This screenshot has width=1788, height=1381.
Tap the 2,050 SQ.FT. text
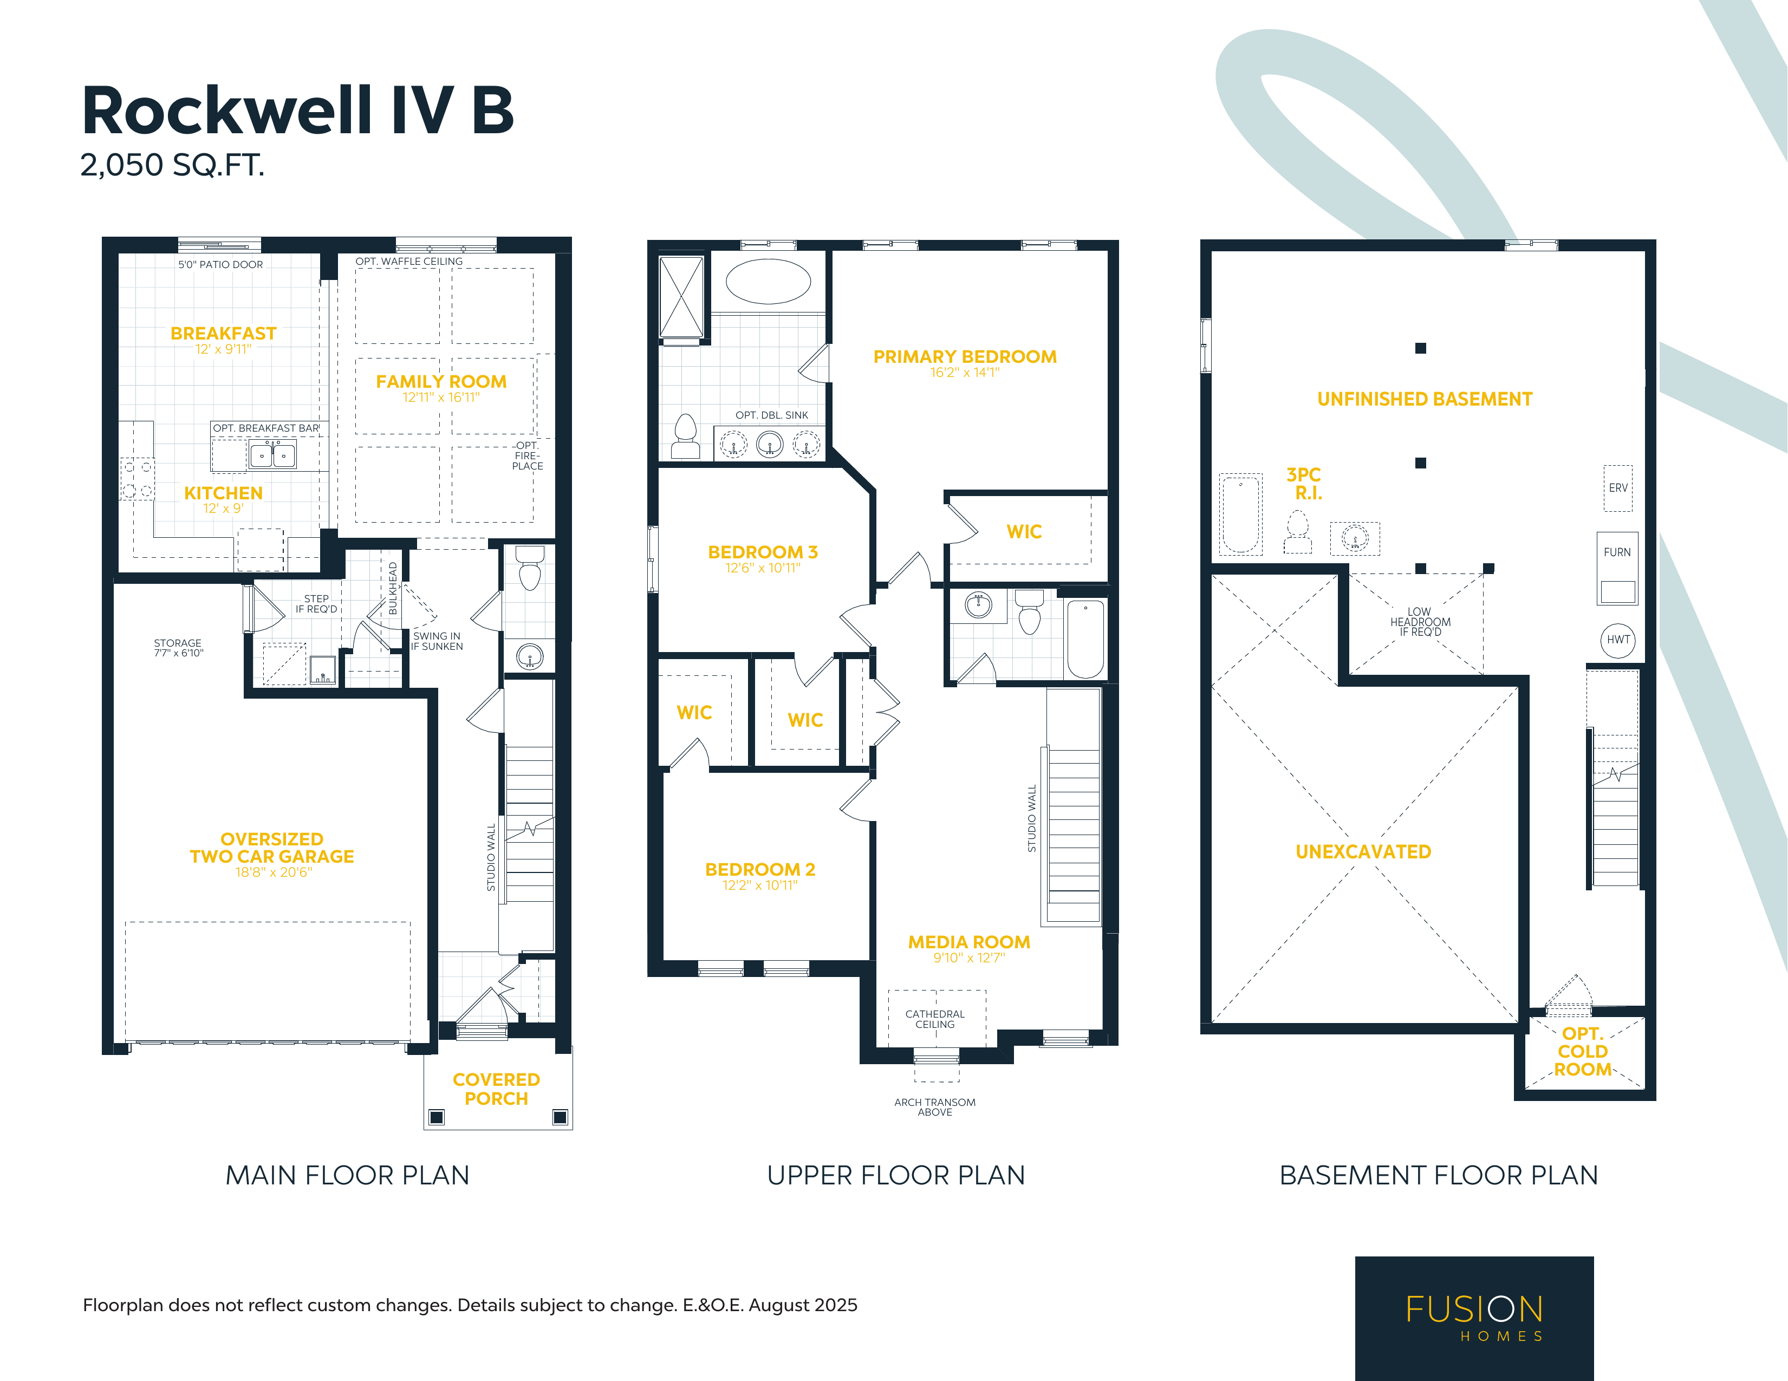(x=172, y=165)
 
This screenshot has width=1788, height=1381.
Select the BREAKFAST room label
(x=224, y=333)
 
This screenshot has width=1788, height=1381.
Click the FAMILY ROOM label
(x=441, y=381)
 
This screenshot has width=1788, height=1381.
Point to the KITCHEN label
(x=224, y=493)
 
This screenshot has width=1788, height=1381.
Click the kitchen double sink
(x=272, y=455)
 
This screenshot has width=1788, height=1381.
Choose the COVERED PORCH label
(x=496, y=1089)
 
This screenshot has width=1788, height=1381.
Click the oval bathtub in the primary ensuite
(x=768, y=282)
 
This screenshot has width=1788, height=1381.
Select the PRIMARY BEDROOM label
(x=965, y=357)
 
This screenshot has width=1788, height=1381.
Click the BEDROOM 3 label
(x=763, y=552)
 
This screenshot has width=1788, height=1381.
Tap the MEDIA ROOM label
(x=970, y=942)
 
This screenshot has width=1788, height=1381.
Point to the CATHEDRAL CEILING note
(x=935, y=1019)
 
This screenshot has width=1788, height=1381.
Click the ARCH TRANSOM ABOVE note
(x=935, y=1107)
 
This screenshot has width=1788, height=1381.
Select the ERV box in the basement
(x=1618, y=488)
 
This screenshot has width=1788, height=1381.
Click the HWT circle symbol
(x=1618, y=640)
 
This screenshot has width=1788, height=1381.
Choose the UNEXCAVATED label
(x=1363, y=851)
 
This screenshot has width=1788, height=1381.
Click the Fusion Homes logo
(x=1474, y=1318)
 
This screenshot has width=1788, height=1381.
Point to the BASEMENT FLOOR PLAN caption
(x=1439, y=1176)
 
